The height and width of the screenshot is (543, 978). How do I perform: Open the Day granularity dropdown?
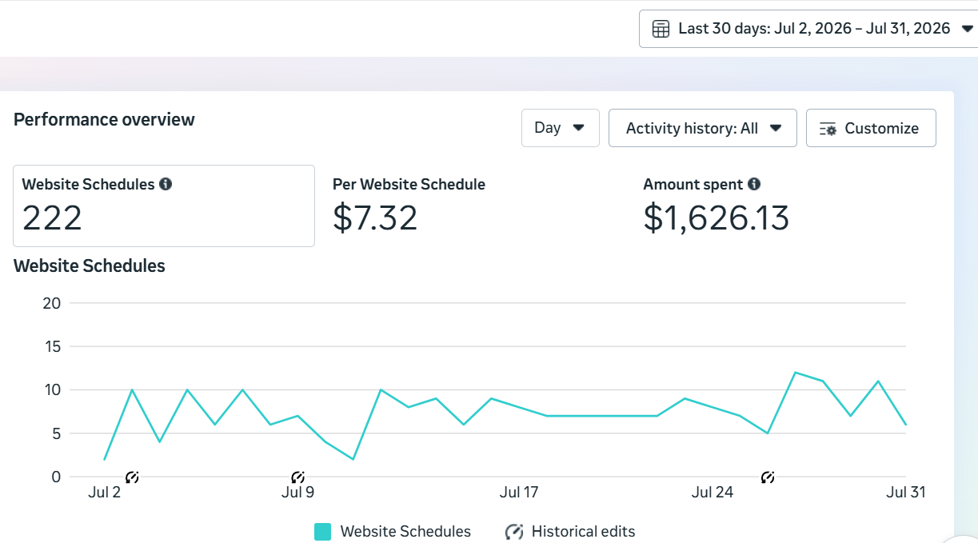pyautogui.click(x=560, y=128)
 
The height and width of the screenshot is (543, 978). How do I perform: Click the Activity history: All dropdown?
pyautogui.click(x=702, y=128)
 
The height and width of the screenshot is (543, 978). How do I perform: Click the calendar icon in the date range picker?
pyautogui.click(x=661, y=29)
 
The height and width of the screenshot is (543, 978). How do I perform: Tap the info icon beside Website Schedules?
pyautogui.click(x=166, y=184)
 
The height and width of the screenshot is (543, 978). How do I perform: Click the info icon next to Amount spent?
pyautogui.click(x=754, y=184)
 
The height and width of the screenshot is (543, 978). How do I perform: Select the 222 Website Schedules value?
pyautogui.click(x=52, y=218)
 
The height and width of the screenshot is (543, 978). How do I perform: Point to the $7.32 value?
pyautogui.click(x=375, y=218)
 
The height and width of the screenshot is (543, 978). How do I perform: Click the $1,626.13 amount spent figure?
pyautogui.click(x=716, y=218)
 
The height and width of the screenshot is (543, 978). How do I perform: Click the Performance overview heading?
pyautogui.click(x=104, y=120)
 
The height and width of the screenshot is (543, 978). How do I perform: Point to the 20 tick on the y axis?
pyautogui.click(x=51, y=303)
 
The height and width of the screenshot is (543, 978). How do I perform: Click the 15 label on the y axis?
pyautogui.click(x=53, y=346)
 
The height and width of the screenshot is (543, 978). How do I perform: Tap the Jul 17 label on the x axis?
pyautogui.click(x=519, y=493)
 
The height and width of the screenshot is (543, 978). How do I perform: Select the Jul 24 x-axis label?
pyautogui.click(x=712, y=493)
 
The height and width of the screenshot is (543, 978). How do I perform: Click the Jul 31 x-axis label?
pyautogui.click(x=905, y=493)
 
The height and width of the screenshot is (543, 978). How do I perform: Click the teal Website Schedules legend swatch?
pyautogui.click(x=322, y=532)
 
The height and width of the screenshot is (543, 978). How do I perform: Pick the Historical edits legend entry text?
pyautogui.click(x=583, y=532)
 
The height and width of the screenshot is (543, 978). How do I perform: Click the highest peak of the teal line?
pyautogui.click(x=796, y=373)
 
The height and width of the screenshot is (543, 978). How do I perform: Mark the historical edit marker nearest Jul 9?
pyautogui.click(x=297, y=477)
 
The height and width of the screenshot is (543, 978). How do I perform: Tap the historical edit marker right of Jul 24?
pyautogui.click(x=768, y=477)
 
